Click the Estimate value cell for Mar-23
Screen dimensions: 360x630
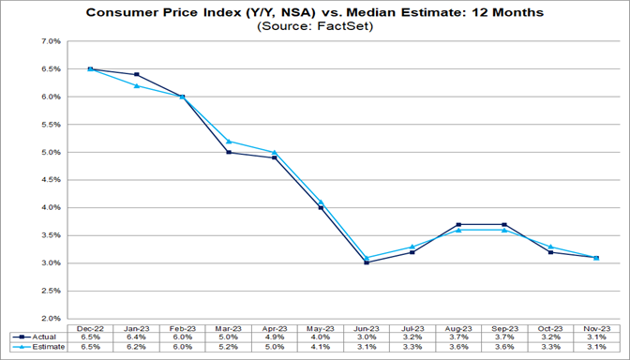pos(229,348)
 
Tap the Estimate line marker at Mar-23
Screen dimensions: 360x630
pos(229,142)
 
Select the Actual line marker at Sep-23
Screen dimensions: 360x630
pos(506,224)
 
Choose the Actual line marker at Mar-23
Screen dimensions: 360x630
pos(229,152)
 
